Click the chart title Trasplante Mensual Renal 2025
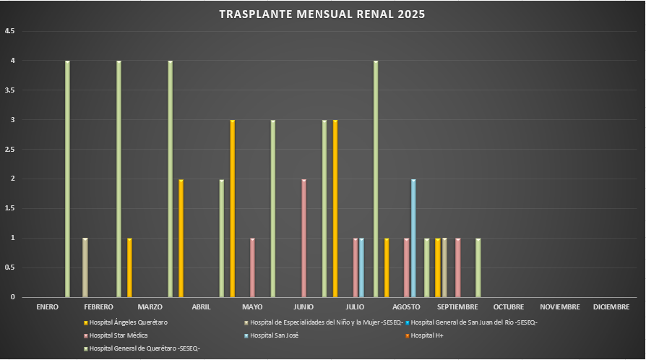tap(322, 14)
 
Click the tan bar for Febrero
tap(85, 267)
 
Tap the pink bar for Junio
tap(304, 238)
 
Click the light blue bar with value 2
tap(413, 238)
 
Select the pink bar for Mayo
tap(252, 267)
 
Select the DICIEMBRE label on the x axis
tap(611, 307)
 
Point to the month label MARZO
tap(150, 307)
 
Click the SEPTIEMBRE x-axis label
tap(457, 307)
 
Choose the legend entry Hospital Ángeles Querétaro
tap(129, 322)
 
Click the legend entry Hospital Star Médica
tap(119, 335)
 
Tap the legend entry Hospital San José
tap(274, 335)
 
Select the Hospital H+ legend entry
tap(426, 335)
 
